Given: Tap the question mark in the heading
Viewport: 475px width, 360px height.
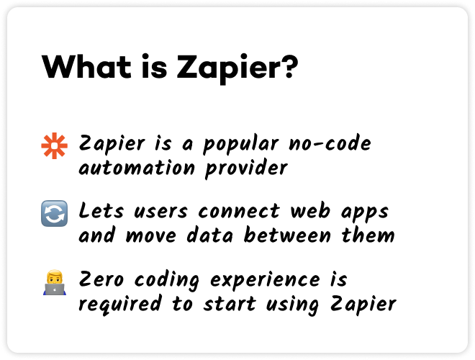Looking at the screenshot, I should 289,68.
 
